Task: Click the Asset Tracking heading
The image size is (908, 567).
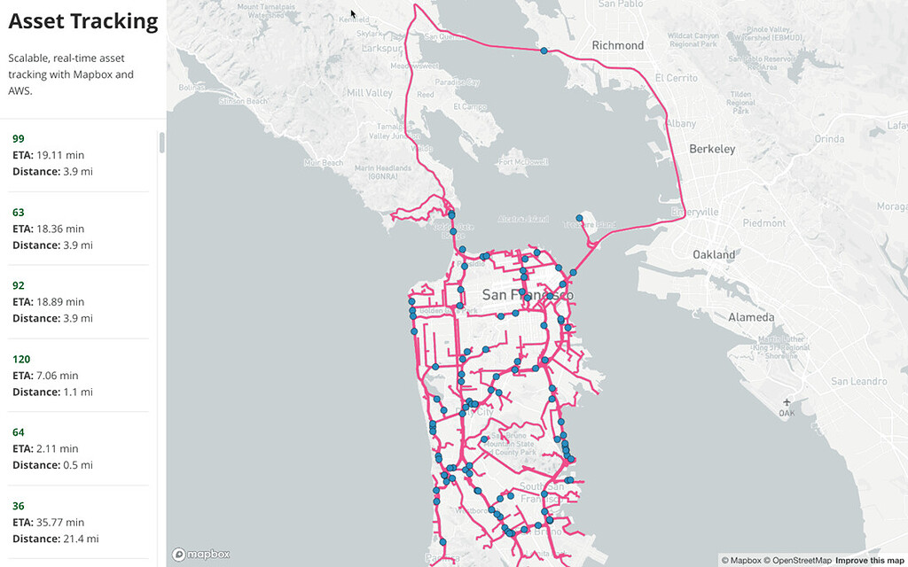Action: click(83, 22)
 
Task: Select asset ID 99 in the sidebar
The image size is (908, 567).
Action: click(19, 139)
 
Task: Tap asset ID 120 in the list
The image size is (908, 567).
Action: click(21, 359)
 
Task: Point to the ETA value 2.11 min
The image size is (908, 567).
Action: click(57, 448)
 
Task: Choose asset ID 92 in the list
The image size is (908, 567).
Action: click(19, 286)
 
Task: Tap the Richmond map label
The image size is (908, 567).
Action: click(618, 45)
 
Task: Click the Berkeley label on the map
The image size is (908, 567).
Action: click(712, 150)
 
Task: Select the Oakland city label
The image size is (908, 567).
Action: click(714, 255)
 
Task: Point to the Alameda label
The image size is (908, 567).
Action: click(751, 317)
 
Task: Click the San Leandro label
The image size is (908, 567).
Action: click(858, 381)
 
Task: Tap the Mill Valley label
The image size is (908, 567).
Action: click(370, 93)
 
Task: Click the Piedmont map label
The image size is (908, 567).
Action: click(764, 223)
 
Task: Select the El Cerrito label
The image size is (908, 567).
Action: click(676, 78)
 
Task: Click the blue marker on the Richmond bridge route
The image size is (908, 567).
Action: click(544, 50)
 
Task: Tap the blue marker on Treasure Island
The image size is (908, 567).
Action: click(579, 217)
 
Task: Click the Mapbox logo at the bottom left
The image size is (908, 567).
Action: click(202, 555)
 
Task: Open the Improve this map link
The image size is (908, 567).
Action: click(870, 560)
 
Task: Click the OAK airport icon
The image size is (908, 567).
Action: click(787, 403)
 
